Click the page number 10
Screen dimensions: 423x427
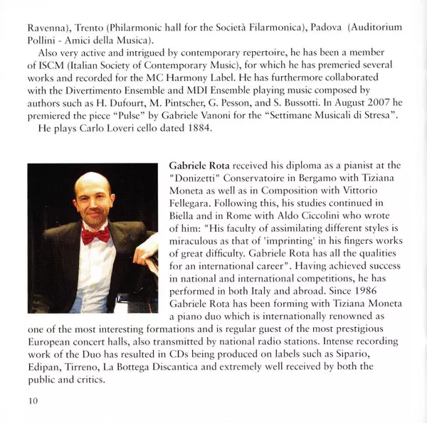[x=33, y=401]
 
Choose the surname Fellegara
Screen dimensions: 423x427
[x=196, y=200]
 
